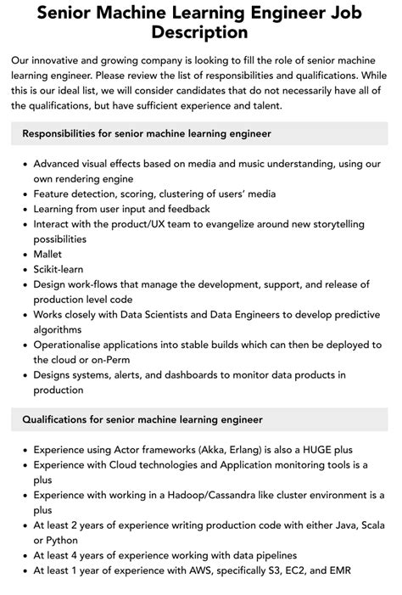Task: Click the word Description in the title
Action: pos(200,32)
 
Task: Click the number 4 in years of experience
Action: pos(81,555)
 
